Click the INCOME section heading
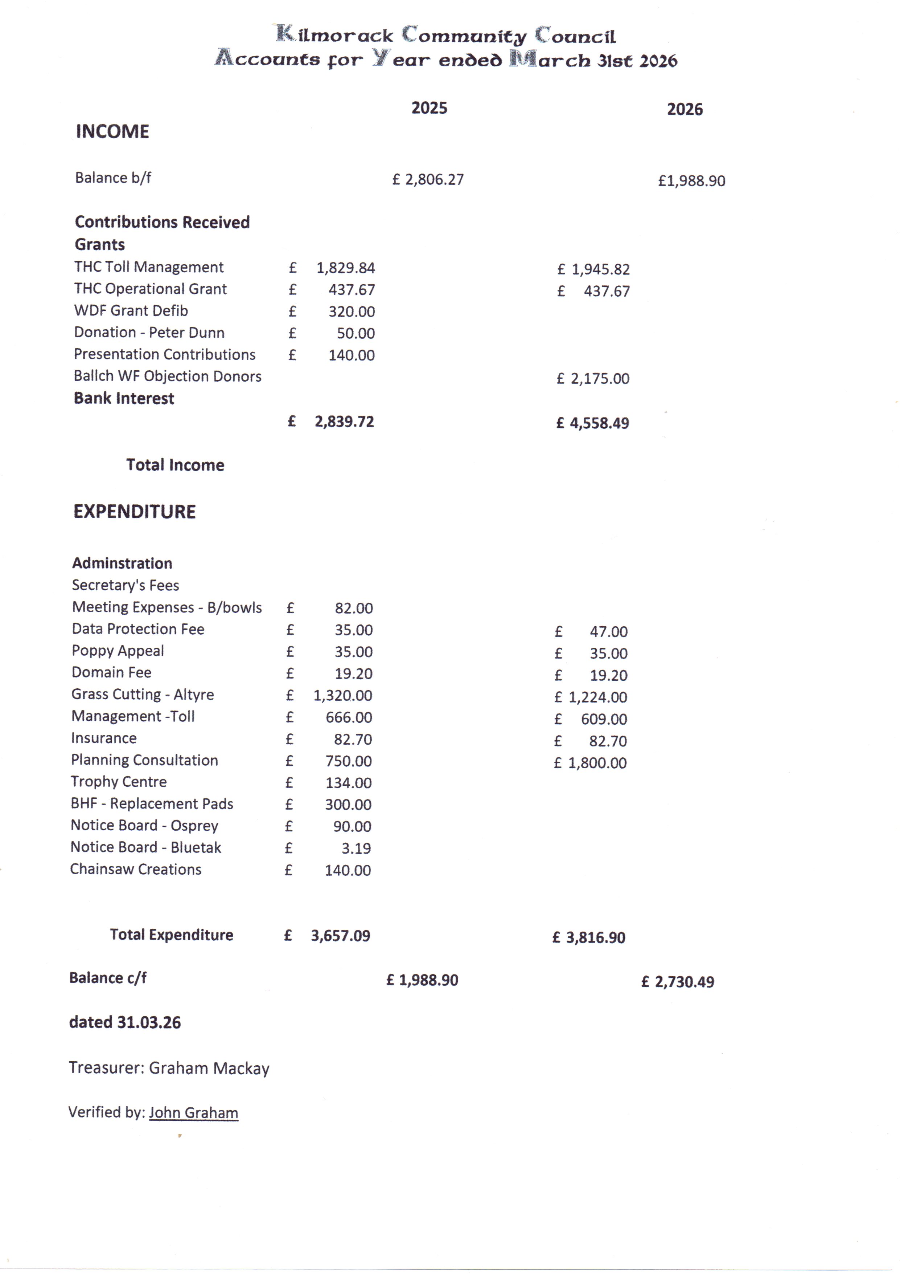click(x=112, y=131)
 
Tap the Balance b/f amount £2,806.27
click(x=428, y=179)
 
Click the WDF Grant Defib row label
click(x=131, y=311)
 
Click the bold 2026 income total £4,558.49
click(x=593, y=423)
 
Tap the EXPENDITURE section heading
click(x=135, y=512)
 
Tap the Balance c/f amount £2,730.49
click(x=678, y=982)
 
